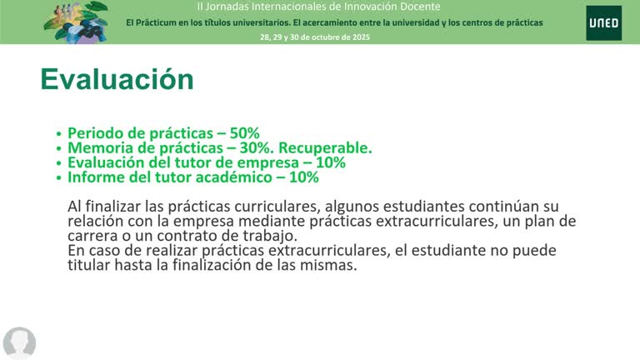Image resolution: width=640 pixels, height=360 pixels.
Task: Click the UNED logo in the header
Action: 602,22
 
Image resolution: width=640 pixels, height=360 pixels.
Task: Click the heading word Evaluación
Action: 117,79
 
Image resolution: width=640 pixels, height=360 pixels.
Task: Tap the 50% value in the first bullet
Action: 246,132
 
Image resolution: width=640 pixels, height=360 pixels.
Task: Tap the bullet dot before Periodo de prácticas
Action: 58,133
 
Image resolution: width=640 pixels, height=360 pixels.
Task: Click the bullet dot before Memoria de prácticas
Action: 58,148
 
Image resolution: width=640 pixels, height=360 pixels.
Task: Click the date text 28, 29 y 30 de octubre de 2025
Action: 315,37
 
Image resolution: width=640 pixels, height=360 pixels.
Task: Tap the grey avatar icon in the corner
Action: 19,342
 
